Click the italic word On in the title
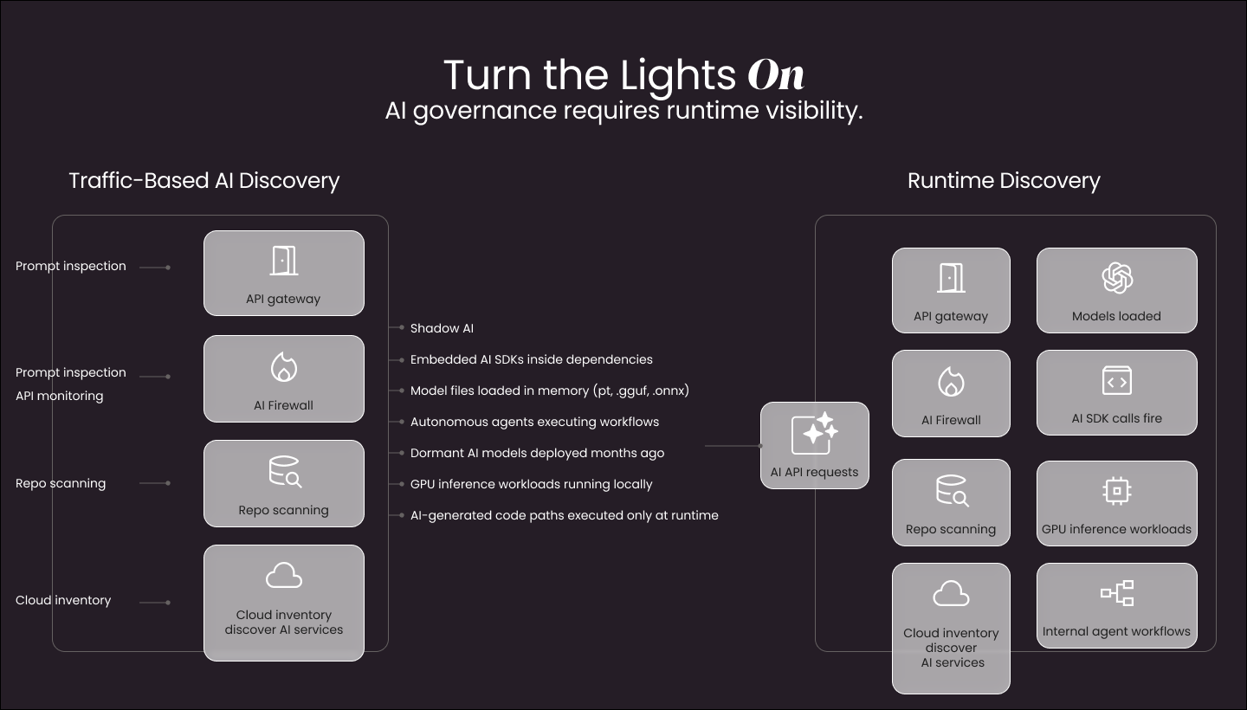pyautogui.click(x=776, y=75)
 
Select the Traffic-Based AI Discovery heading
pyautogui.click(x=204, y=181)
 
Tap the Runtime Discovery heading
pyautogui.click(x=1004, y=181)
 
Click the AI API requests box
pyautogui.click(x=814, y=445)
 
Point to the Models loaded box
pyautogui.click(x=1116, y=291)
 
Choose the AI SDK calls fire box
pyautogui.click(x=1116, y=392)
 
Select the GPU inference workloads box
pyautogui.click(x=1116, y=503)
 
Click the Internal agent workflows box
pyautogui.click(x=1116, y=605)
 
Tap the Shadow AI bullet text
pyautogui.click(x=442, y=328)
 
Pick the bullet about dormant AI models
pyautogui.click(x=537, y=453)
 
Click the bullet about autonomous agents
pyautogui.click(x=534, y=422)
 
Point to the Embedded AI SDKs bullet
pyautogui.click(x=531, y=359)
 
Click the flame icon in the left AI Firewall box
pyautogui.click(x=284, y=367)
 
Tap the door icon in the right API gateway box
pyautogui.click(x=951, y=278)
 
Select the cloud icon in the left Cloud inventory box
pyautogui.click(x=284, y=576)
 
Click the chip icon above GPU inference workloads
pyautogui.click(x=1116, y=491)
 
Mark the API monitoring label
pyautogui.click(x=59, y=396)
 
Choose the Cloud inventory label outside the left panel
pyautogui.click(x=63, y=600)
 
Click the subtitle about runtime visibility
pyautogui.click(x=623, y=112)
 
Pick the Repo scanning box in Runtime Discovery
pyautogui.click(x=951, y=503)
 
